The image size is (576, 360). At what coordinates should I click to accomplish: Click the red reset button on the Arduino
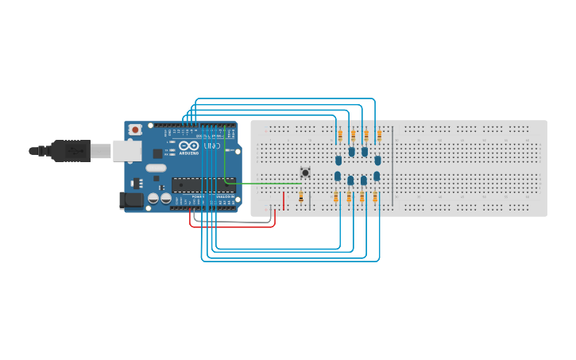pos(136,129)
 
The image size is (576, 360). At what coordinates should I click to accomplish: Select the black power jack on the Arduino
pos(130,201)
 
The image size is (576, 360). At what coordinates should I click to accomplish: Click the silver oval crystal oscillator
pos(156,168)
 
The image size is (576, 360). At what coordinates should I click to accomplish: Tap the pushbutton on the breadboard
pos(305,172)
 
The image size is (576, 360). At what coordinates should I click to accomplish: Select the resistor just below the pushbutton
pos(301,196)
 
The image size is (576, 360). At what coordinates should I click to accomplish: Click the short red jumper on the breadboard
pos(284,199)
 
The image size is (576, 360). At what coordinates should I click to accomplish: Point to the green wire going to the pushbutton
pos(262,184)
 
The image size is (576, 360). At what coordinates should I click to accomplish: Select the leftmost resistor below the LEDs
pos(336,196)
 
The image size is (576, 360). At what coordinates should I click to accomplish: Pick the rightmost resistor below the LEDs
pos(375,196)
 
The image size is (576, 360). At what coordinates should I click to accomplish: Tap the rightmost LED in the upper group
pos(377,160)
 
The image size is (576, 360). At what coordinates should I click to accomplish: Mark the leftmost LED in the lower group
pos(338,176)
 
